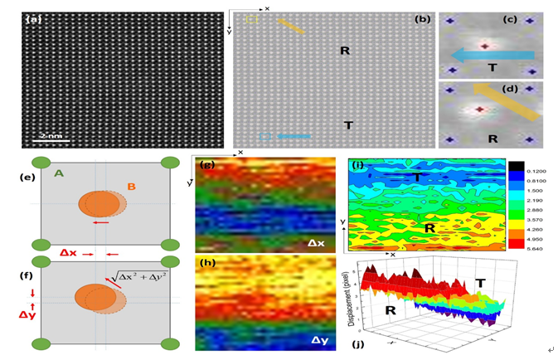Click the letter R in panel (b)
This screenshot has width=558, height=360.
click(x=345, y=51)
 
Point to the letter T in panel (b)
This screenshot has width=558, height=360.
click(x=348, y=125)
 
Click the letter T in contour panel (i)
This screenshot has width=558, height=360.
click(x=417, y=177)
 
